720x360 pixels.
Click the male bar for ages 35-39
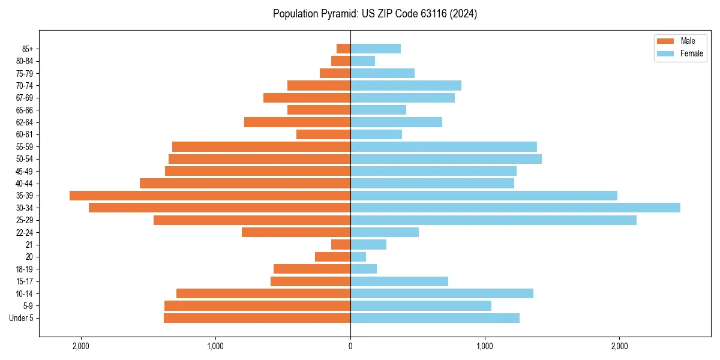[x=210, y=196]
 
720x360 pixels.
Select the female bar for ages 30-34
[x=515, y=208]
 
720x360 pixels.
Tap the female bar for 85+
[x=376, y=49]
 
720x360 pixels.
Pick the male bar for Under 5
[x=257, y=318]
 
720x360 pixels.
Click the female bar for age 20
[x=358, y=257]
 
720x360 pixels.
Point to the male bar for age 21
[x=341, y=244]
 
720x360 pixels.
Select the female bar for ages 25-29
[x=493, y=220]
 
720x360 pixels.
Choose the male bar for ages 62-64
[x=297, y=122]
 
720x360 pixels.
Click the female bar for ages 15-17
[x=399, y=281]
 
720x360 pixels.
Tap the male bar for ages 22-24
[x=296, y=232]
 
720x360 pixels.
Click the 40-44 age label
[x=25, y=184]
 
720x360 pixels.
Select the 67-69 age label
[x=25, y=98]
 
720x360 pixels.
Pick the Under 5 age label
[x=22, y=318]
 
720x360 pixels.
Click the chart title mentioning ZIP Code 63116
[x=375, y=14]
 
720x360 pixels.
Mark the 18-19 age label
[x=25, y=269]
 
